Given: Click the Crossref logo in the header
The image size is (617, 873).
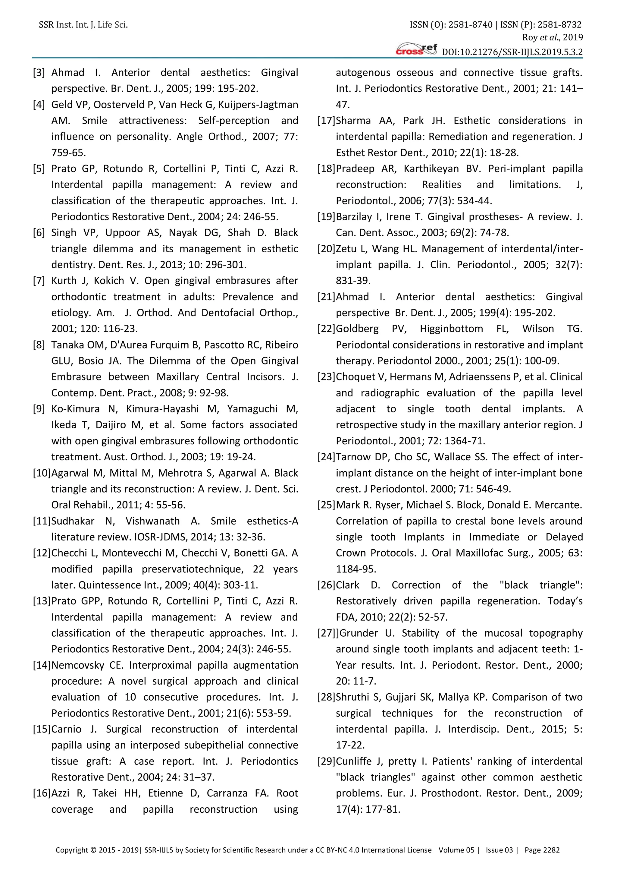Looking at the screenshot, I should pos(416,49).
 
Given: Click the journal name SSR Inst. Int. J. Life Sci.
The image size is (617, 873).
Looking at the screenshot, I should pos(83,25).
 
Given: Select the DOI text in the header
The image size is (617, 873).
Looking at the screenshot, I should pos(512,52).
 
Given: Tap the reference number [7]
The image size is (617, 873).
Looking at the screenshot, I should pos(39,281).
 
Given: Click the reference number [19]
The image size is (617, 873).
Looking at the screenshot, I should pos(326,217).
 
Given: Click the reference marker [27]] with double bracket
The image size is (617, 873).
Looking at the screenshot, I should pos(328,633).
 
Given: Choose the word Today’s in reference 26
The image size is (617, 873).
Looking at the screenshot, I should pos(565,601).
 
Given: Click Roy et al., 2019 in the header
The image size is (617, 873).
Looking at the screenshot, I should pos(552,37).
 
